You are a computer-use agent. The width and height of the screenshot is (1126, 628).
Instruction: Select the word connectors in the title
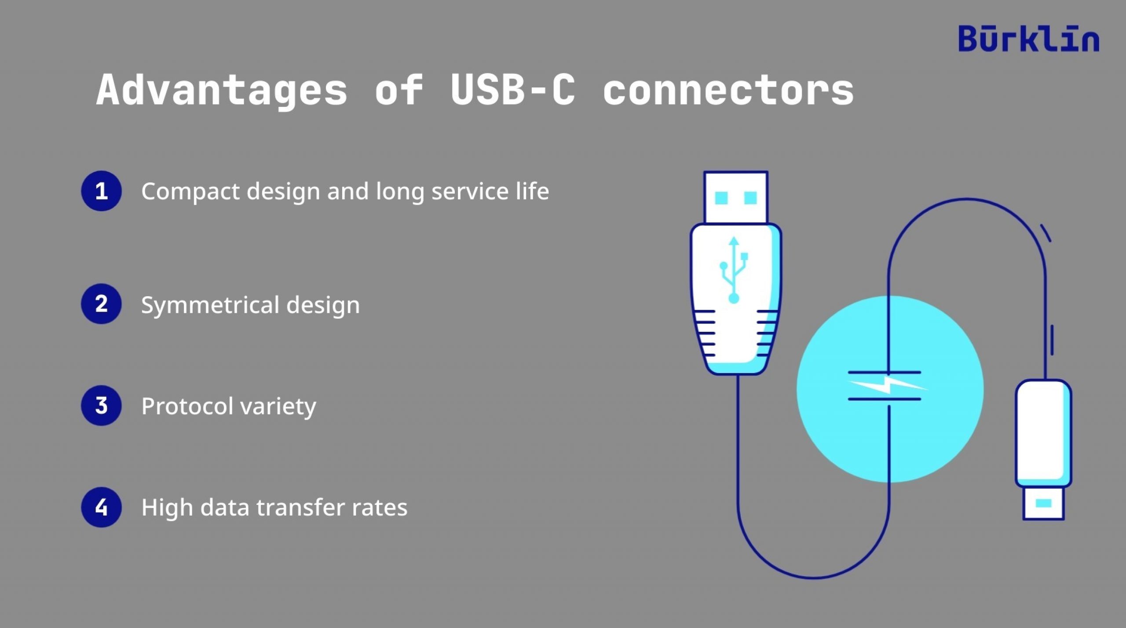(x=728, y=90)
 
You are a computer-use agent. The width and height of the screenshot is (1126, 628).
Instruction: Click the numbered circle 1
(x=101, y=191)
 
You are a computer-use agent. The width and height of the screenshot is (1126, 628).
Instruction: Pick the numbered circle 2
(x=101, y=304)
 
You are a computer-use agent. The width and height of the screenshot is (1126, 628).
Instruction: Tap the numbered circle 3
(x=101, y=406)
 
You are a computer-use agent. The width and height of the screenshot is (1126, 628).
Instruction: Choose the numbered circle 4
(x=101, y=507)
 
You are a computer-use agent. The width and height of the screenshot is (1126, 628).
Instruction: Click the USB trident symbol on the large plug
(x=733, y=270)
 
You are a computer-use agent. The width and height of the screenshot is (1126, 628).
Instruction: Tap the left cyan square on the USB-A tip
(x=721, y=198)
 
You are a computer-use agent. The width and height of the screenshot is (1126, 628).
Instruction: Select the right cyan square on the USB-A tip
(x=750, y=198)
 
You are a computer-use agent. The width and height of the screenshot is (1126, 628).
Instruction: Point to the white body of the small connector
(x=1042, y=433)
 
